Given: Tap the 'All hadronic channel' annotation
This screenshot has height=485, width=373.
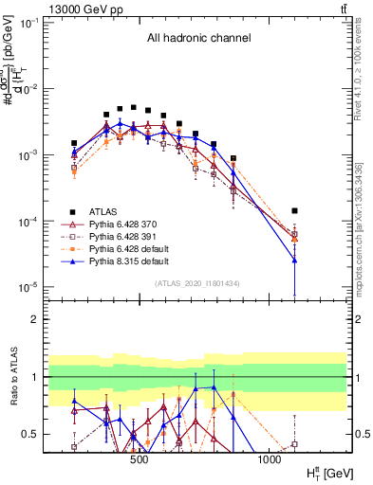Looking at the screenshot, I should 198,39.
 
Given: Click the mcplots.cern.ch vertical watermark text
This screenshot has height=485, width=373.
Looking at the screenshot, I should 365,227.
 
